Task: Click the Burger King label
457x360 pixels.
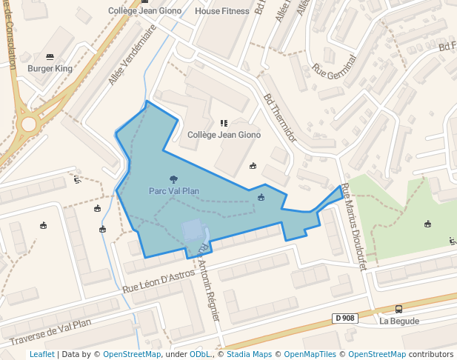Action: [50, 69]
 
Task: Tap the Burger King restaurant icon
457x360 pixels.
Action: [50, 56]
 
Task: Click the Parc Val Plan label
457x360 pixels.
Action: [174, 191]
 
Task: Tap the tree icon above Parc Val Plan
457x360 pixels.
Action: [174, 179]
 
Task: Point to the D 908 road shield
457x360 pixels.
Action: [344, 318]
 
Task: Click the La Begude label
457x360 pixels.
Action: [399, 321]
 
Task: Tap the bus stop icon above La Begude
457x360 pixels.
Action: [399, 309]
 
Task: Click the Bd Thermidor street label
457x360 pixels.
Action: [279, 117]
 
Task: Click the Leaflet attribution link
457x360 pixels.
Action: [41, 354]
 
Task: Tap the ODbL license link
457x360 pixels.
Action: [200, 354]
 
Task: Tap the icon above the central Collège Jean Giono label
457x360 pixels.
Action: [224, 122]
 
